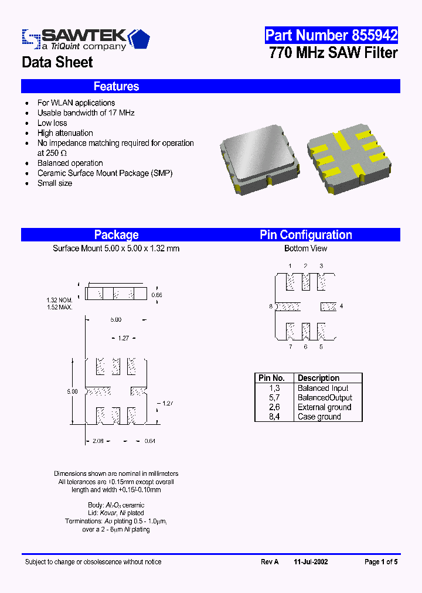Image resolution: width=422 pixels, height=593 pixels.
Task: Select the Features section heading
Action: [116, 86]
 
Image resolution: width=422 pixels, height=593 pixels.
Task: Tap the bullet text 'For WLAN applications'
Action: [76, 103]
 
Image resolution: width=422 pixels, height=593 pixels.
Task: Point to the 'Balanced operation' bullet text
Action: [70, 163]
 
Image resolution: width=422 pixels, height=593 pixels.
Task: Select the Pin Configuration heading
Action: [306, 235]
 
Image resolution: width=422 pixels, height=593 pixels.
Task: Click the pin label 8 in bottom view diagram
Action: [271, 306]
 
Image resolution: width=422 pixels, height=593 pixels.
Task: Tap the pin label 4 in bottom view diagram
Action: [341, 306]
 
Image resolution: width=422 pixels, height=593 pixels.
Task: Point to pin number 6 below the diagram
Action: [305, 347]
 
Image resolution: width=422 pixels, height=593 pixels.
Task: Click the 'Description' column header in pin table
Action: [318, 378]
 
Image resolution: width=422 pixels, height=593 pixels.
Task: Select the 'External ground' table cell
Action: [324, 407]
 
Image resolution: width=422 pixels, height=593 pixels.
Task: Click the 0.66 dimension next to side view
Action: [156, 295]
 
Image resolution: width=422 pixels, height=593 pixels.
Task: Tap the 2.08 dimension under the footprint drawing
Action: [98, 441]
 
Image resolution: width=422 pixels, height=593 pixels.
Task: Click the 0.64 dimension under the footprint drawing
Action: [151, 441]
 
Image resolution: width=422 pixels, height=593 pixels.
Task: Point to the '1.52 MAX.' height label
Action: [59, 307]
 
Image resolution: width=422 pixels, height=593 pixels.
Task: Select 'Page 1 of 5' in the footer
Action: [381, 561]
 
